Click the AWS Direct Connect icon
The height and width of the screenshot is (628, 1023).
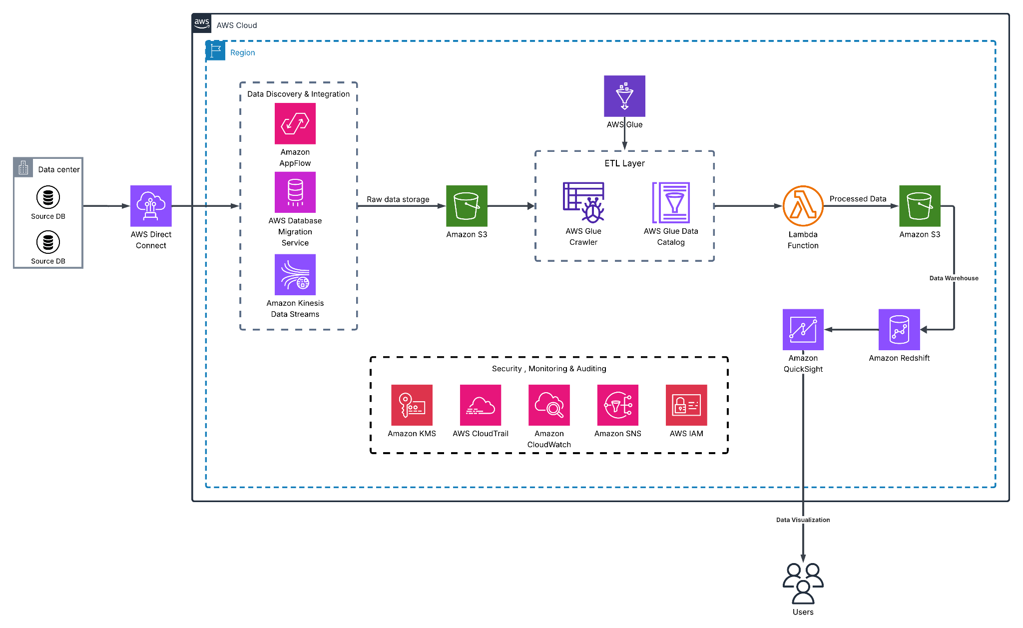[x=151, y=206]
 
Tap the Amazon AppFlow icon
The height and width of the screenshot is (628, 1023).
[x=295, y=123]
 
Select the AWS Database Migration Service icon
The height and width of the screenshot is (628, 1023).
[x=295, y=192]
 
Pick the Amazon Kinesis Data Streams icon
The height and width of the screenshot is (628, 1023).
[x=295, y=275]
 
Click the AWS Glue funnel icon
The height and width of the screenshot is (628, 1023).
[x=624, y=96]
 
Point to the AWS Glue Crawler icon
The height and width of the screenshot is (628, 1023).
[x=583, y=202]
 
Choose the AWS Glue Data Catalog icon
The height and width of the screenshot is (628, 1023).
[x=671, y=202]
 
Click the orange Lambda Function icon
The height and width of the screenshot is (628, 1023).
[x=803, y=206]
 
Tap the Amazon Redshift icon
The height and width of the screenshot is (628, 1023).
[x=899, y=330]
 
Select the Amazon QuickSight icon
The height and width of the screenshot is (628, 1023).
[x=803, y=330]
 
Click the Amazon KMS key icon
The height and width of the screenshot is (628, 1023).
[x=412, y=405]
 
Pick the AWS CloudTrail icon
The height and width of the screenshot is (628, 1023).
[x=480, y=405]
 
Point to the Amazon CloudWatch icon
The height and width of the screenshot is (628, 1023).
[x=549, y=405]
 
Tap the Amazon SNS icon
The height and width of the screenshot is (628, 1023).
[x=617, y=405]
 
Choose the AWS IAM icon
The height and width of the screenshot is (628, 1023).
[x=686, y=405]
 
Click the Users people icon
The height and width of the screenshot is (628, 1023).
[x=803, y=584]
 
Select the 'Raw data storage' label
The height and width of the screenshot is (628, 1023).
[x=398, y=199]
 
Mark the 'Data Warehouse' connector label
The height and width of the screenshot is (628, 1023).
[x=954, y=278]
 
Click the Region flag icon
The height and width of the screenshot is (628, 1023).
[x=216, y=51]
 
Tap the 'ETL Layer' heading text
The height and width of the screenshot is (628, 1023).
[x=624, y=163]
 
